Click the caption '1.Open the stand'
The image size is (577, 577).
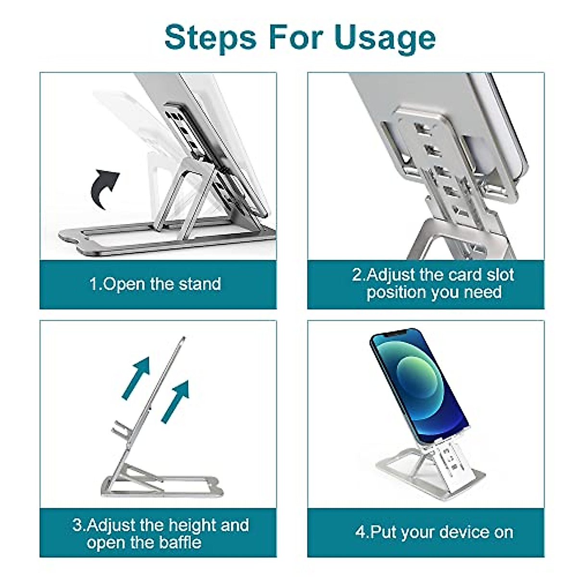155,284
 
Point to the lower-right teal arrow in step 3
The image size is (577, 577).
175,401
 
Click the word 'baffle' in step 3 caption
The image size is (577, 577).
177,542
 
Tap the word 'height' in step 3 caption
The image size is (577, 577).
188,525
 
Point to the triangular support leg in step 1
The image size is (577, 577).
185,192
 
